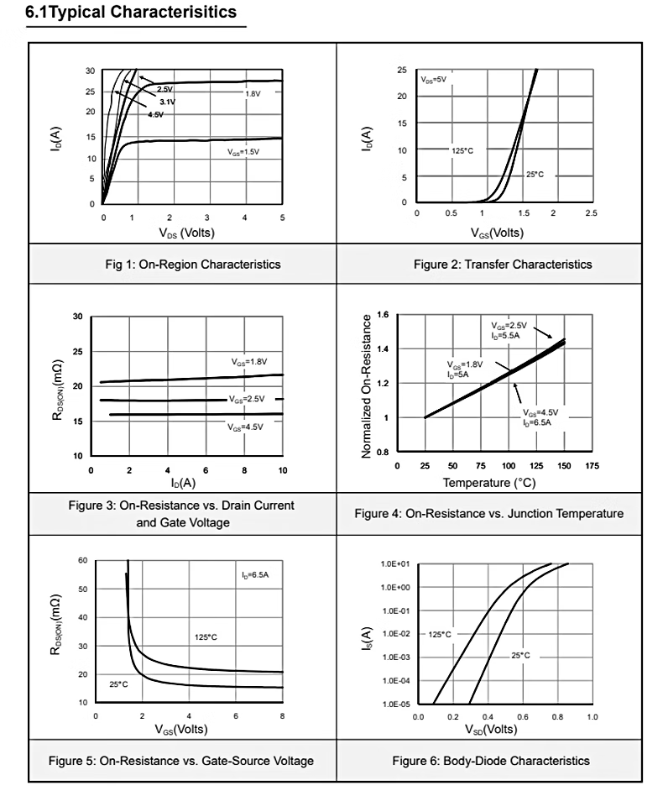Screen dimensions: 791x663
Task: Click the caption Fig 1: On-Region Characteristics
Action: pos(182,264)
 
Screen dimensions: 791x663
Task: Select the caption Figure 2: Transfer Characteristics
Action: pos(502,264)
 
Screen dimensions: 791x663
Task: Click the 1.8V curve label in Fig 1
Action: pos(253,93)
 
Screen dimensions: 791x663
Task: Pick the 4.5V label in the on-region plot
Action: pos(155,114)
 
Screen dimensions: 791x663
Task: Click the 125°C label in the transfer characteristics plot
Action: pos(463,150)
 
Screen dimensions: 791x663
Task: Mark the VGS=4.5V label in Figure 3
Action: pos(245,427)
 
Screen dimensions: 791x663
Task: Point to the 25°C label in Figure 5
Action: pos(119,684)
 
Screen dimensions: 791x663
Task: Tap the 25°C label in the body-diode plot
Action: pos(520,655)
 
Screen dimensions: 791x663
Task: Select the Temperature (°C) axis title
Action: pos(489,483)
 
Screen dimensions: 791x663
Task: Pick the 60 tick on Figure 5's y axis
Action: pos(82,560)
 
